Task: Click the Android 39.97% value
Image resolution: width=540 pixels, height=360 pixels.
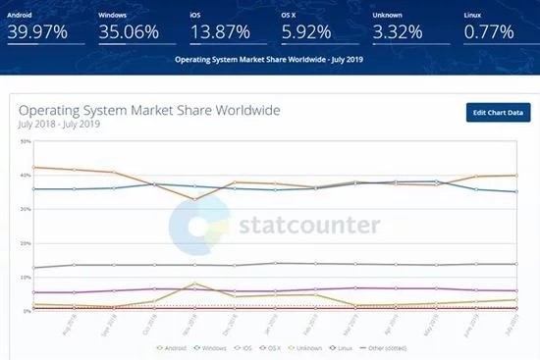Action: point(38,31)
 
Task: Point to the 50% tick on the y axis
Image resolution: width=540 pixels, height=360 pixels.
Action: point(25,141)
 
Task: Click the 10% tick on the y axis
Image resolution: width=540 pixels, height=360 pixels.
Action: point(25,277)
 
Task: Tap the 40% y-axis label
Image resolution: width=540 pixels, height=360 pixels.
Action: point(25,176)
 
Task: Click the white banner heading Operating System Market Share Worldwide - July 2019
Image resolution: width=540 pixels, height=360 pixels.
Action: point(269,60)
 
